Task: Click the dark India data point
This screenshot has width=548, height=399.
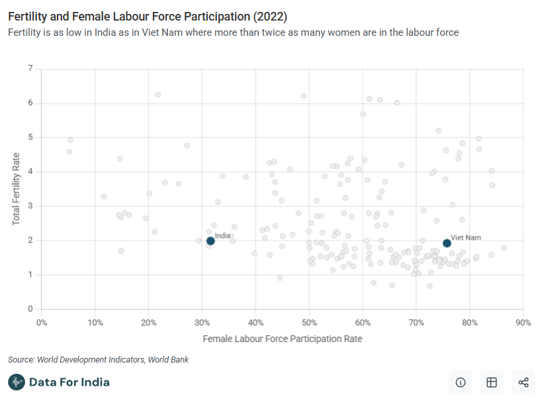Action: (x=210, y=241)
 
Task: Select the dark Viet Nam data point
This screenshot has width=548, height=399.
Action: (x=447, y=243)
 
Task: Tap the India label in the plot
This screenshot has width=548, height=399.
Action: (x=223, y=235)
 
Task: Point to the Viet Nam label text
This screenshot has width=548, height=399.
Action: (x=466, y=237)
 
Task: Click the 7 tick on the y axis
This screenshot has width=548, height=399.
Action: (x=30, y=69)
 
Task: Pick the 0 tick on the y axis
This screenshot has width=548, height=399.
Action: (x=30, y=309)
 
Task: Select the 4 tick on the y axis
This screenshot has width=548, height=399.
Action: (x=30, y=172)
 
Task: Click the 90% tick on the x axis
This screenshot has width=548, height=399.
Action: (x=523, y=323)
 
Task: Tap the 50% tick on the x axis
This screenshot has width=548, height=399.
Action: (x=309, y=323)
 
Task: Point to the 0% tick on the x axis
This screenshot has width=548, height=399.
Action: (x=41, y=323)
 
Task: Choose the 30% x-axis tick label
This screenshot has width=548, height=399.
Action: (x=202, y=323)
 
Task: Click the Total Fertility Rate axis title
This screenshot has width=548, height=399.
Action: (x=17, y=189)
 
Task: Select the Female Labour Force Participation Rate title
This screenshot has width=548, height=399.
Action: (x=283, y=339)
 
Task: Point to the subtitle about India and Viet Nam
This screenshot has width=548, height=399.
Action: (x=233, y=32)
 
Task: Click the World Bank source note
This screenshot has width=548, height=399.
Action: (x=99, y=360)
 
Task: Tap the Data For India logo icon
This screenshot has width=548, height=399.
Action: (x=17, y=382)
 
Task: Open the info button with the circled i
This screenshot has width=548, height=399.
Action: (x=461, y=382)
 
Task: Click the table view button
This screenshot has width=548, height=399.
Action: (x=492, y=382)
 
